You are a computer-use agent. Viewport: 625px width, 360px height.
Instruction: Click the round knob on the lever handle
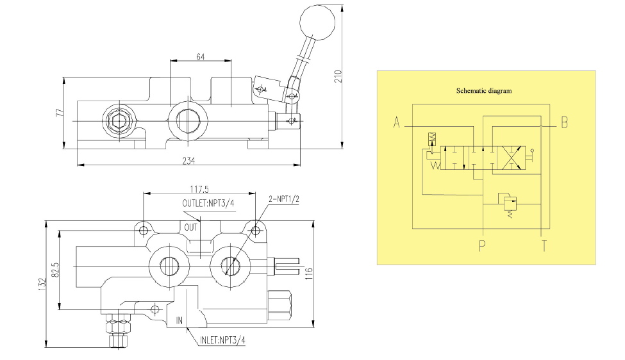coord(317,22)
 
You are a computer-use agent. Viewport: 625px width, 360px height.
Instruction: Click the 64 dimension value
coord(200,56)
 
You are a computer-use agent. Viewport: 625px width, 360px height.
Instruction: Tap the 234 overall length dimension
coord(188,160)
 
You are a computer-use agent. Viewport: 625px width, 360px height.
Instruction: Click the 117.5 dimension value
coord(200,189)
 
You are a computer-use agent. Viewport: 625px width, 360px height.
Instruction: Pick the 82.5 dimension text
coord(55,269)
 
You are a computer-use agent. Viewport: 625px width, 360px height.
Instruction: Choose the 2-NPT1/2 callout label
coord(284,199)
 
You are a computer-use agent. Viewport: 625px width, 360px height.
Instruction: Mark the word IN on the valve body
coord(181,320)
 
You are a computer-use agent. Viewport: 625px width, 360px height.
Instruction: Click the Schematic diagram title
coord(484,90)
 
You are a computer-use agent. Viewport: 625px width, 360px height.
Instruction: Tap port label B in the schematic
coord(564,122)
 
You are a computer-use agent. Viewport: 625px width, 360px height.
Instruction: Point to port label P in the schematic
coord(481,246)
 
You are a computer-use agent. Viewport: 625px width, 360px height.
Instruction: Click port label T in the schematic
coord(544,246)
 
